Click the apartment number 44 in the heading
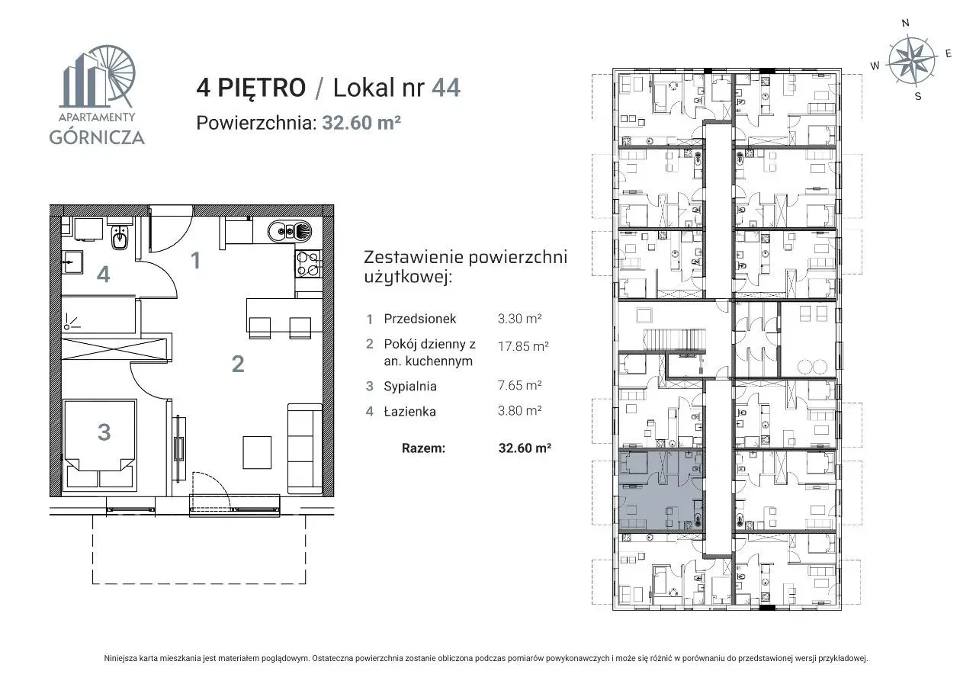(x=446, y=88)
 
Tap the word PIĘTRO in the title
(x=262, y=87)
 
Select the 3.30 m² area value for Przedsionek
(x=519, y=319)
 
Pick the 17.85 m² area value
(x=523, y=346)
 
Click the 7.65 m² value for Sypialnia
(x=519, y=385)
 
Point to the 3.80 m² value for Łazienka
(x=519, y=410)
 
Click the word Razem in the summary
(x=423, y=448)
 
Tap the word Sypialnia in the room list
(x=410, y=386)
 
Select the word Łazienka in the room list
(x=409, y=411)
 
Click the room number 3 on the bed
(x=104, y=432)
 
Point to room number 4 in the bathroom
(x=103, y=275)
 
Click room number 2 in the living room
(x=238, y=364)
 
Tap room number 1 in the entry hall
(x=196, y=261)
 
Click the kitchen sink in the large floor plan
(x=289, y=231)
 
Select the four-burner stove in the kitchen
(x=308, y=264)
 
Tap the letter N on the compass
(x=905, y=23)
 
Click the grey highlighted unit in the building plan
(x=660, y=490)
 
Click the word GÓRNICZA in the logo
(x=97, y=137)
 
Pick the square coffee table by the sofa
(x=257, y=452)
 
